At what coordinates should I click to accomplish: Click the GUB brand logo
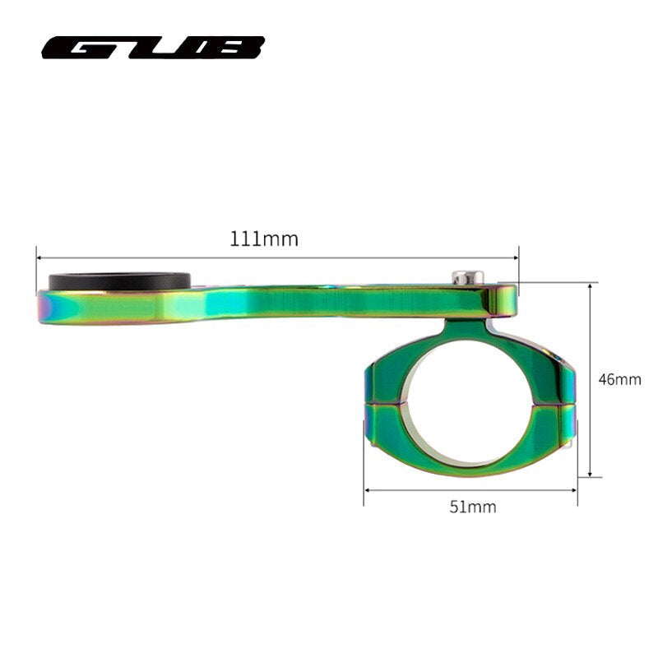(x=153, y=48)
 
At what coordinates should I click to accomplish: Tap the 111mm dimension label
(x=264, y=239)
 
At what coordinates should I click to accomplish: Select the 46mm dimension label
(x=619, y=380)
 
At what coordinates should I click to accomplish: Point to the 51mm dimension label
(x=473, y=507)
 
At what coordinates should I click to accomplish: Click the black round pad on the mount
(x=120, y=282)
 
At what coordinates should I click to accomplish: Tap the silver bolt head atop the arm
(x=467, y=278)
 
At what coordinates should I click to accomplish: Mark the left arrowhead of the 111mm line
(x=39, y=257)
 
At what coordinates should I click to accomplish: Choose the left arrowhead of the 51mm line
(x=367, y=491)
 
